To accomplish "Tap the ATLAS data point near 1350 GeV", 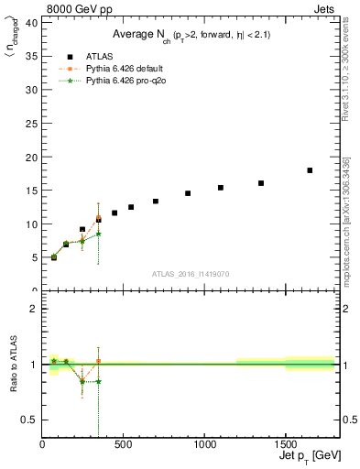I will tap(261, 183).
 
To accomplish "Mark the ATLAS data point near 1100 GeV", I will tap(221, 188).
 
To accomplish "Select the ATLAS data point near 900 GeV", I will tap(188, 193).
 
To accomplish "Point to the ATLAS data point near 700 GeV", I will tap(156, 202).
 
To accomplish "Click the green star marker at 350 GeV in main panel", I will tap(99, 234).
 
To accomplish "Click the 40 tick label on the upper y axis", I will tap(32, 24).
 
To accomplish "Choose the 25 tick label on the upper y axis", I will tap(32, 124).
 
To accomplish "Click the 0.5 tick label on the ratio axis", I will tap(30, 420).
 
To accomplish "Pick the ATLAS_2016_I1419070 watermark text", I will tap(191, 274).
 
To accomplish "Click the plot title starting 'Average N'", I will tap(191, 34).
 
